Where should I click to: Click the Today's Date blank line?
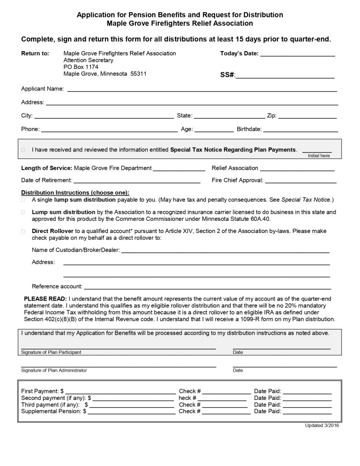(297, 55)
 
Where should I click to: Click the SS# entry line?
(285, 76)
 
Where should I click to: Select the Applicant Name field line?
(202, 90)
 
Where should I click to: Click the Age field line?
(214, 131)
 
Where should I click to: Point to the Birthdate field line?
(300, 131)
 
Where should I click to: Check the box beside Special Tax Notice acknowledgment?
(23, 150)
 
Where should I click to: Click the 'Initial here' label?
(319, 156)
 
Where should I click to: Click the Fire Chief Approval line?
(300, 181)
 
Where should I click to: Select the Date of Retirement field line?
(137, 181)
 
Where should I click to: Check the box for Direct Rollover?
(23, 231)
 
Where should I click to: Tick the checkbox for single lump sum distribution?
(23, 200)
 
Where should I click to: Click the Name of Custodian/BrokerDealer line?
(225, 252)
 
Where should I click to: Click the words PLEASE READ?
(45, 299)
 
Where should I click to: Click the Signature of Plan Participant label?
(54, 352)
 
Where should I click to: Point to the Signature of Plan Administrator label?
(54, 370)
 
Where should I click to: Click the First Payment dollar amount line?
(120, 392)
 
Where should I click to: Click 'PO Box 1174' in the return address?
(81, 67)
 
